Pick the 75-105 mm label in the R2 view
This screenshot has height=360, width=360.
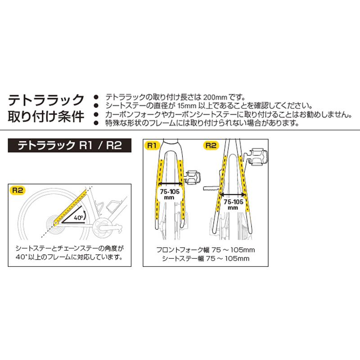coord(233,205)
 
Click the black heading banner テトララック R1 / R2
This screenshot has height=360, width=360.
coord(70,146)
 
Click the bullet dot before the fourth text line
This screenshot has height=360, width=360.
coord(95,122)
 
